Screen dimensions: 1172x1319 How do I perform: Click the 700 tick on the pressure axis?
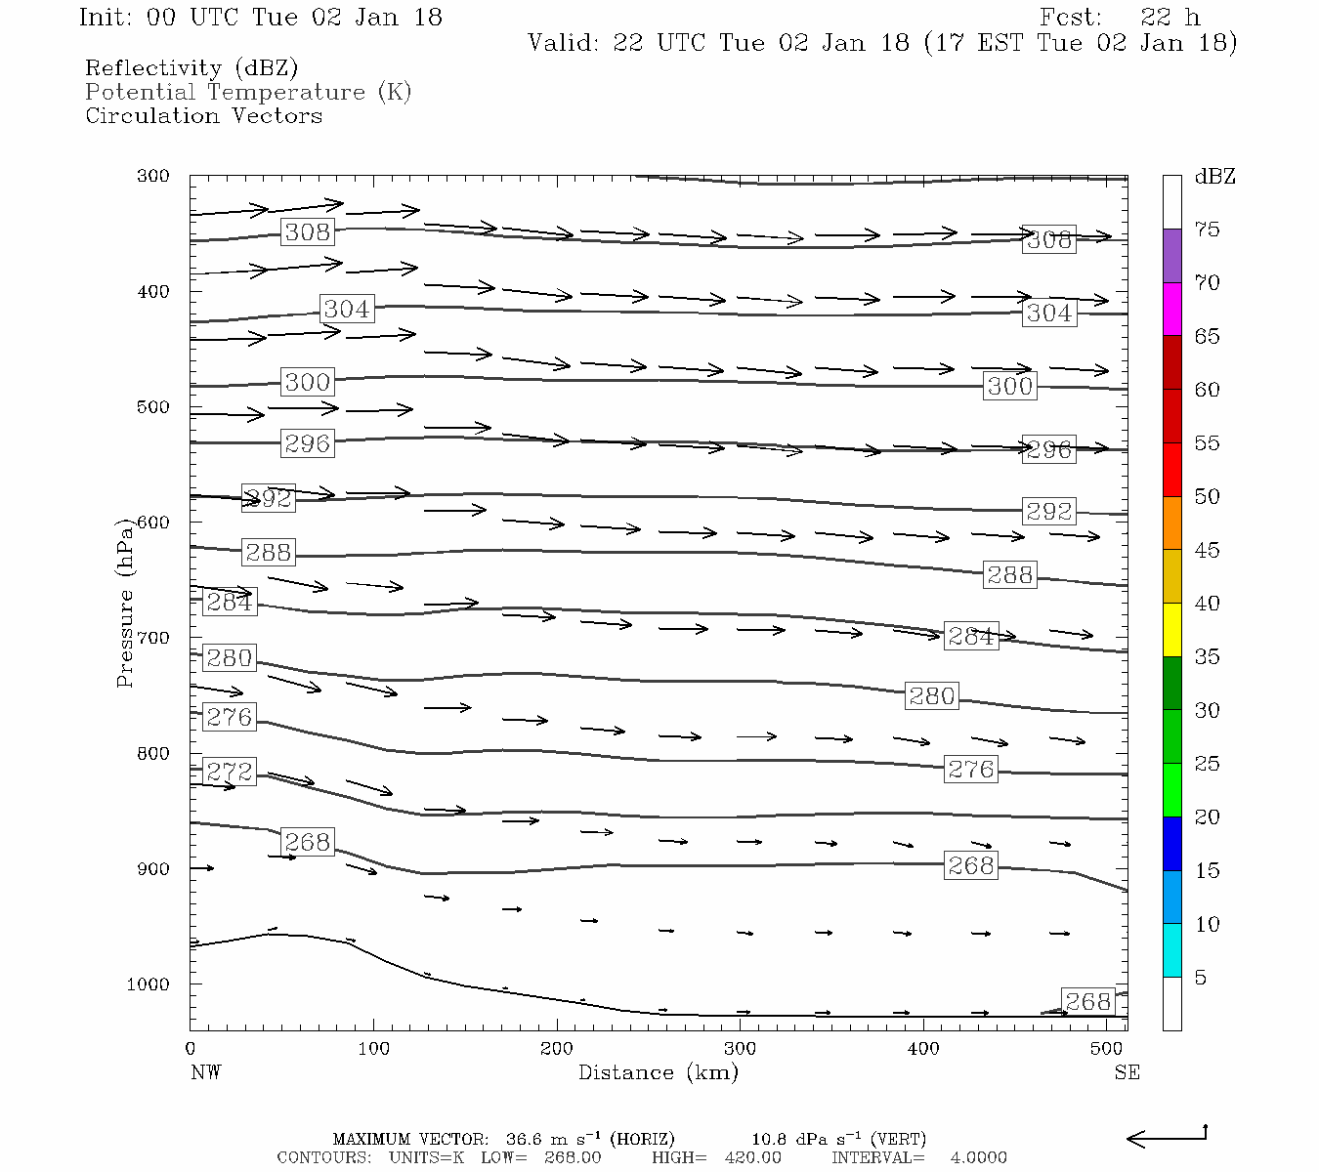pyautogui.click(x=152, y=638)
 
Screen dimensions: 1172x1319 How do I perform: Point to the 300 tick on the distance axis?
pyautogui.click(x=740, y=1049)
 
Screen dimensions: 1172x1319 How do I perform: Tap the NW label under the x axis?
pyautogui.click(x=205, y=1072)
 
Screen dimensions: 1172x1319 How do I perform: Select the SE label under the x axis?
pyautogui.click(x=1127, y=1072)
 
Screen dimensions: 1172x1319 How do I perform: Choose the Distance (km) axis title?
pyautogui.click(x=658, y=1072)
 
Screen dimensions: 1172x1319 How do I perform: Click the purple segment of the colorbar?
pyautogui.click(x=1171, y=255)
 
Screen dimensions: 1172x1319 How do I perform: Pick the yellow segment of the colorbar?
pyautogui.click(x=1171, y=629)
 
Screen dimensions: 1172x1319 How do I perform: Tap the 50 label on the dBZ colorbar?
pyautogui.click(x=1207, y=496)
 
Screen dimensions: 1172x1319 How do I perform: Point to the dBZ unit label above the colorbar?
pyautogui.click(x=1214, y=177)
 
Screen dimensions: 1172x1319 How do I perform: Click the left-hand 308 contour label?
pyautogui.click(x=307, y=231)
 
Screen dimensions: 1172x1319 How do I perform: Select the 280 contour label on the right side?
pyautogui.click(x=931, y=695)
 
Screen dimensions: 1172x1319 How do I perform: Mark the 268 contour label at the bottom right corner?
pyautogui.click(x=1087, y=1001)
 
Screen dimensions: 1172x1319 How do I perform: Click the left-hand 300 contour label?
pyautogui.click(x=307, y=382)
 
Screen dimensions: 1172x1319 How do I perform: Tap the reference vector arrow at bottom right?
pyautogui.click(x=1167, y=1137)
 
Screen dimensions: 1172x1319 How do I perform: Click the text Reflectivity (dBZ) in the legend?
pyautogui.click(x=191, y=68)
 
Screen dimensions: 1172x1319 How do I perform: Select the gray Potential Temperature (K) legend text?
pyautogui.click(x=248, y=92)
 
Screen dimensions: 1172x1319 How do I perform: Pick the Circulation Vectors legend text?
pyautogui.click(x=203, y=115)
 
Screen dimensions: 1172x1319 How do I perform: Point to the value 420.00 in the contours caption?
pyautogui.click(x=752, y=1157)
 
